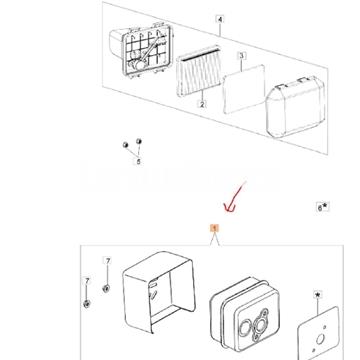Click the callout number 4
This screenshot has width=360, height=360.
(x=221, y=19)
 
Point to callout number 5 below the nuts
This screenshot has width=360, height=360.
(x=139, y=160)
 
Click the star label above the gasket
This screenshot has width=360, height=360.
(x=318, y=297)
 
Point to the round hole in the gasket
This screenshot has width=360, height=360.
(x=322, y=337)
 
